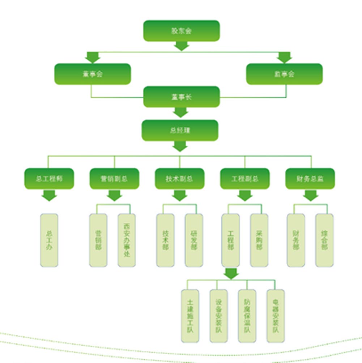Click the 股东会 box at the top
(181, 31)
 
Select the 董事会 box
(92, 74)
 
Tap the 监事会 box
(284, 74)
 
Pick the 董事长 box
(181, 97)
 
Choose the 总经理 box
(180, 130)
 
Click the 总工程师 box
(49, 179)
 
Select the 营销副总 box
(114, 179)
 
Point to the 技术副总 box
(179, 179)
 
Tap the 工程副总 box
(245, 179)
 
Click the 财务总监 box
(310, 179)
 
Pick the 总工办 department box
(49, 240)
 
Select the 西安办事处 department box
(127, 240)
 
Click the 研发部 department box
(194, 240)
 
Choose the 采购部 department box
(259, 240)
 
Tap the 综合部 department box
(324, 240)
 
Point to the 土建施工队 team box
(190, 316)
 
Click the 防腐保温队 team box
(247, 316)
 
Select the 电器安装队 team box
(276, 316)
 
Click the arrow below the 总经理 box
(180, 146)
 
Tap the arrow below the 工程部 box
(231, 273)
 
